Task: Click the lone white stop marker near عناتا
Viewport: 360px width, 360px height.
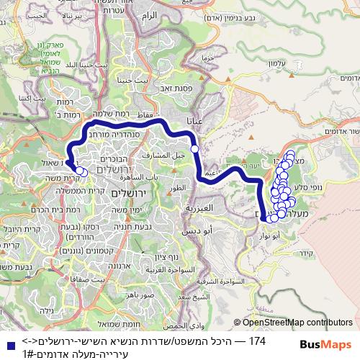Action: pos(194,148)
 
